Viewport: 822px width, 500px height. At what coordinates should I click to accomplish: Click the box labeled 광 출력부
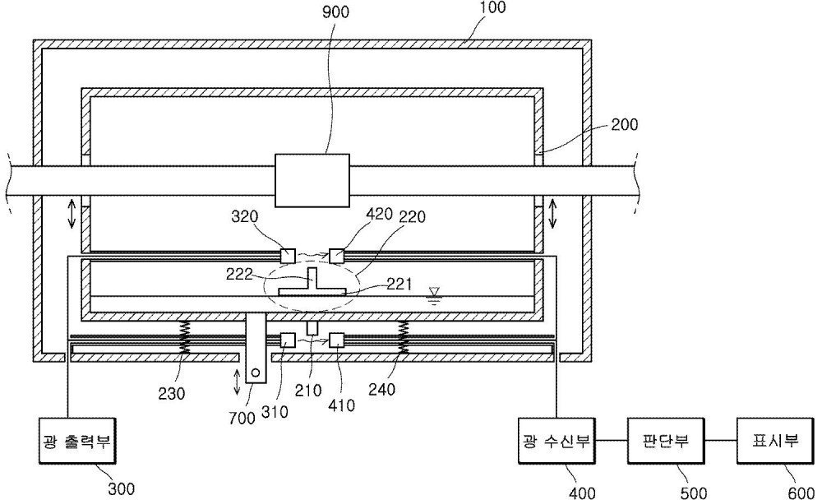(x=77, y=441)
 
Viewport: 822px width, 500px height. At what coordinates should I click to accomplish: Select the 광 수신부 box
(x=556, y=441)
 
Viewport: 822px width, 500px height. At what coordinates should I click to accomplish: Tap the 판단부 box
(x=666, y=441)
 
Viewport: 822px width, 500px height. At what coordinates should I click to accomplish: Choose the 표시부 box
(x=775, y=441)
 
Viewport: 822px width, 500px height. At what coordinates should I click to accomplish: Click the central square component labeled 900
(x=312, y=180)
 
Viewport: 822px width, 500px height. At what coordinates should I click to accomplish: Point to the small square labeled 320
(x=288, y=256)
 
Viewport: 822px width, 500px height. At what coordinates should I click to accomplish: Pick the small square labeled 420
(x=336, y=256)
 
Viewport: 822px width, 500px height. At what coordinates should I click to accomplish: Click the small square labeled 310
(x=288, y=340)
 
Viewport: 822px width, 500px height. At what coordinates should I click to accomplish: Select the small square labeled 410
(x=336, y=340)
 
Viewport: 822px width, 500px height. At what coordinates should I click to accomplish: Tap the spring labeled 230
(x=184, y=336)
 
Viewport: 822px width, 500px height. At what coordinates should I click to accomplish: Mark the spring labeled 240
(x=403, y=336)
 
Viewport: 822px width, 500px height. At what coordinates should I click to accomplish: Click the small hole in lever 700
(x=256, y=373)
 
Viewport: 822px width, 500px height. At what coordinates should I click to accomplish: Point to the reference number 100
(x=492, y=7)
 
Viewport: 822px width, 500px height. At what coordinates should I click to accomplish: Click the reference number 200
(x=624, y=124)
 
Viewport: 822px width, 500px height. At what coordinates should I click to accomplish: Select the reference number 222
(x=240, y=275)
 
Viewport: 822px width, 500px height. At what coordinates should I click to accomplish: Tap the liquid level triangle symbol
(x=434, y=291)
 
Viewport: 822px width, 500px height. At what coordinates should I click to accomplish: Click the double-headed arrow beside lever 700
(x=237, y=382)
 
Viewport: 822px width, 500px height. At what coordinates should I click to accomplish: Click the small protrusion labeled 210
(x=312, y=328)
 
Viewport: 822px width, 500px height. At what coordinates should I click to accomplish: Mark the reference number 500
(x=693, y=493)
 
